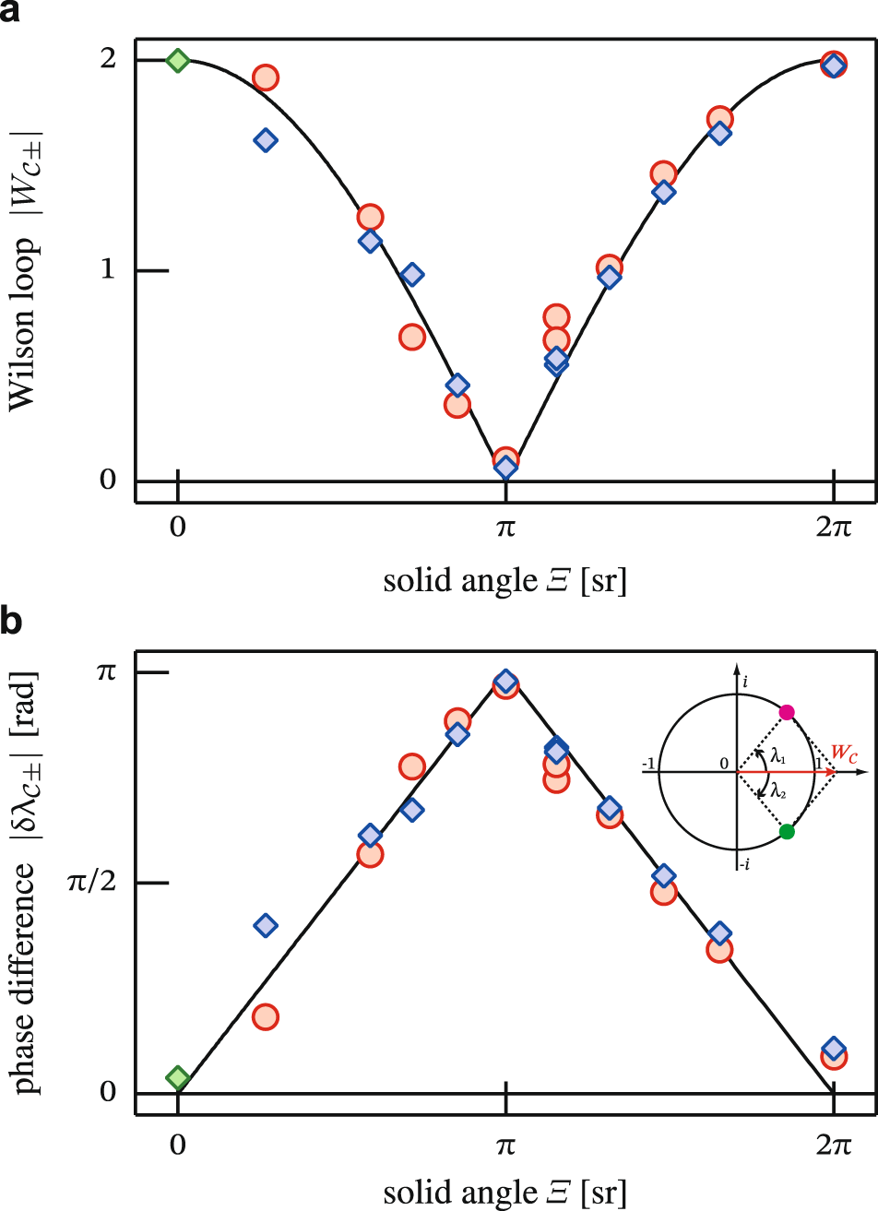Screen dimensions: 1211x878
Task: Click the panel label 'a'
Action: click(x=12, y=13)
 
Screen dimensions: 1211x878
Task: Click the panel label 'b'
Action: click(x=12, y=623)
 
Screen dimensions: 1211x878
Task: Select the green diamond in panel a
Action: click(x=177, y=61)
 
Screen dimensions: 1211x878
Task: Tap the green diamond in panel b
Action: click(x=177, y=1077)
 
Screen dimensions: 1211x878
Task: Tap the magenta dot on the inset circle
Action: click(x=786, y=712)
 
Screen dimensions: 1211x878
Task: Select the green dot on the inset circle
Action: click(x=786, y=831)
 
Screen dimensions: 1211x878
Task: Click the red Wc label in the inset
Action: click(x=847, y=752)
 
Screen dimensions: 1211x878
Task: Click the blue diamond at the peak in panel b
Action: click(x=504, y=682)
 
